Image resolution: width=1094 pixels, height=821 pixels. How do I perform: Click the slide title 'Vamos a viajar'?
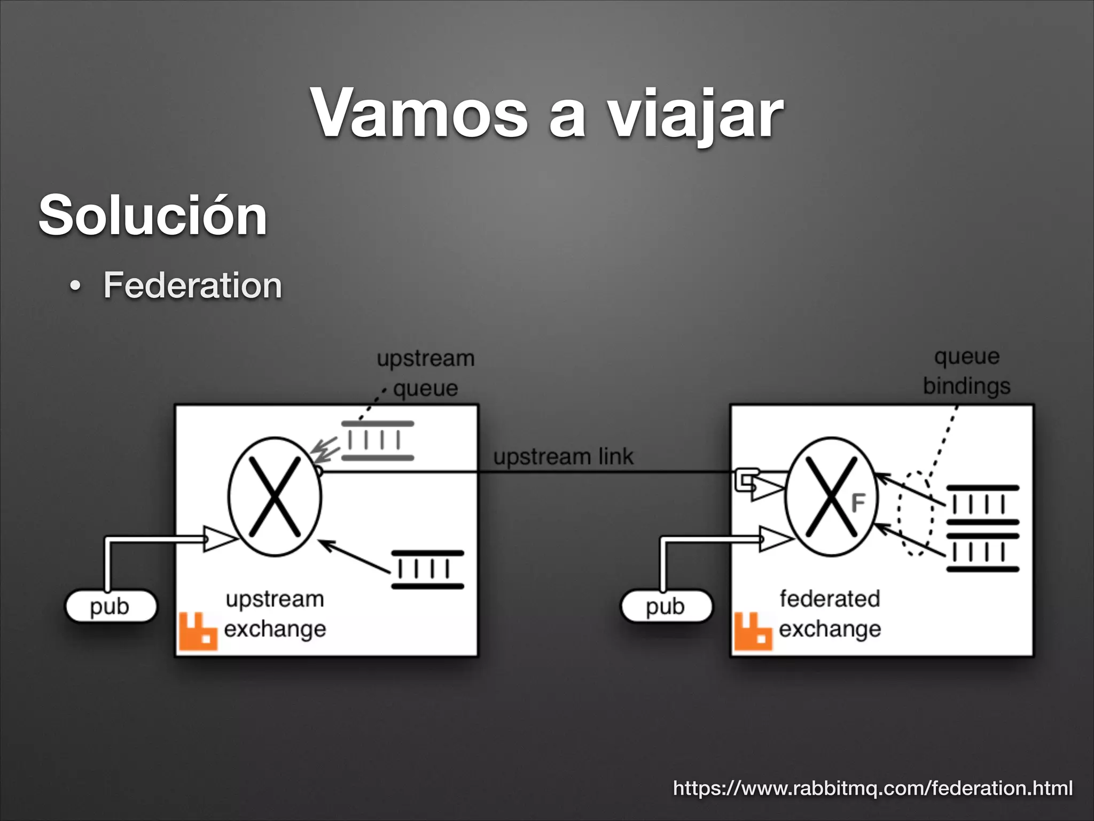tap(547, 113)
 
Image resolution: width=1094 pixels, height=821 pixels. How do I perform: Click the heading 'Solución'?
tap(153, 215)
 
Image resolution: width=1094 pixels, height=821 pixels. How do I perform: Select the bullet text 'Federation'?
tap(192, 285)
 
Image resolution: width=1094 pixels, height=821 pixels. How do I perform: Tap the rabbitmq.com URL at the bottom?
tap(873, 788)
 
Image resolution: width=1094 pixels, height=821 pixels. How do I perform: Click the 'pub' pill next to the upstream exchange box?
tap(111, 606)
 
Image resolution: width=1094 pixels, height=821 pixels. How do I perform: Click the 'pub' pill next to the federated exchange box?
tap(666, 606)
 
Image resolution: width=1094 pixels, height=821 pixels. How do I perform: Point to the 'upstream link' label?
tap(563, 457)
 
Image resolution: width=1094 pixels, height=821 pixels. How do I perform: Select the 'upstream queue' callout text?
tap(426, 373)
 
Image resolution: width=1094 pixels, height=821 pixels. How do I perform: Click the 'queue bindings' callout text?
tap(967, 371)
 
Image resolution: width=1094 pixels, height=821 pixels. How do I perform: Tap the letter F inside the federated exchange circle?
tap(857, 503)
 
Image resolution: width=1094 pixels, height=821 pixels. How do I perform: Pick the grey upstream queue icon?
tap(378, 440)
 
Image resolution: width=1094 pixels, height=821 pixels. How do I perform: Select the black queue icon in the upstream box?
tap(427, 570)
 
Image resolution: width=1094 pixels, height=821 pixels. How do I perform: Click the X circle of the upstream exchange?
tap(275, 497)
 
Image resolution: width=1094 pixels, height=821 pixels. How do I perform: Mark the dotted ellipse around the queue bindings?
tap(916, 513)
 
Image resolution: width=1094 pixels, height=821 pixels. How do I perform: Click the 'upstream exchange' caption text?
tap(275, 614)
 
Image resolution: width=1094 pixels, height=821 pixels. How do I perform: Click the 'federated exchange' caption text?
tap(830, 614)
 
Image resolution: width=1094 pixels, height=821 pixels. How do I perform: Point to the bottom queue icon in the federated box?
tap(983, 552)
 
